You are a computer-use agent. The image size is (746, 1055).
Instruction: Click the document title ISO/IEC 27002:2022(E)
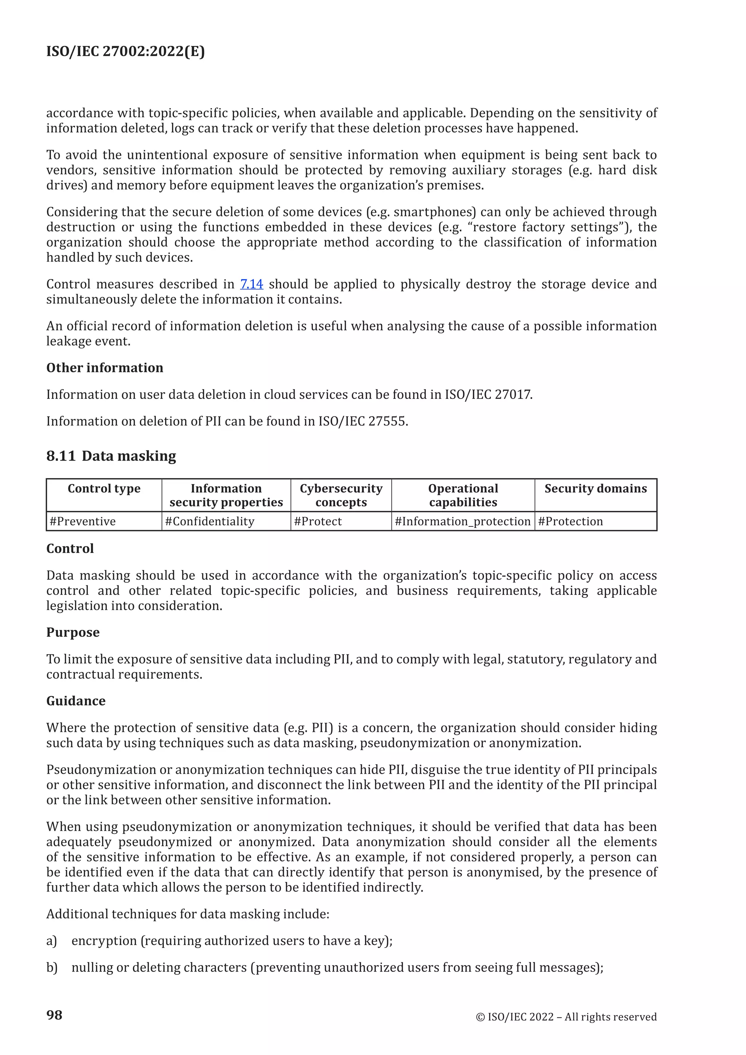point(125,51)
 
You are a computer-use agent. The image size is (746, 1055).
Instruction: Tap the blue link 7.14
point(251,284)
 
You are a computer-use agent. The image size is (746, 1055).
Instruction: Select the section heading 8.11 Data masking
point(111,456)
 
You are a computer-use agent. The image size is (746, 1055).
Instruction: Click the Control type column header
point(104,489)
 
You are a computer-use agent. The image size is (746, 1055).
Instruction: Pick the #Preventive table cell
point(83,522)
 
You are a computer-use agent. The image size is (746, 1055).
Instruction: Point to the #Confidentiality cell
point(209,522)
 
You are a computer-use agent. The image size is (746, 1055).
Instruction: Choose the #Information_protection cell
point(463,522)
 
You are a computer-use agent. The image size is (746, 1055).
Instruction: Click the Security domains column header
point(595,489)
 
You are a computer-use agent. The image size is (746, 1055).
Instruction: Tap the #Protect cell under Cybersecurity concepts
point(318,522)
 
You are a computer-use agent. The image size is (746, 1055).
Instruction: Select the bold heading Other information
point(105,368)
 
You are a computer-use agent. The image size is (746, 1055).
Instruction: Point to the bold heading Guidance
point(76,701)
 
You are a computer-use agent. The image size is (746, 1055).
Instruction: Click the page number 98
point(54,1015)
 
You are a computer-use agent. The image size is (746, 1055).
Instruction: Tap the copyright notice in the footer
point(566,1017)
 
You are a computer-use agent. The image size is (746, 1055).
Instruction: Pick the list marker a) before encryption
point(51,941)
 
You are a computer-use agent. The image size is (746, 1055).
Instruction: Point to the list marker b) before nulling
point(51,968)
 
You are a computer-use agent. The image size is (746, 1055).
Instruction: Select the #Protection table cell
point(570,522)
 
